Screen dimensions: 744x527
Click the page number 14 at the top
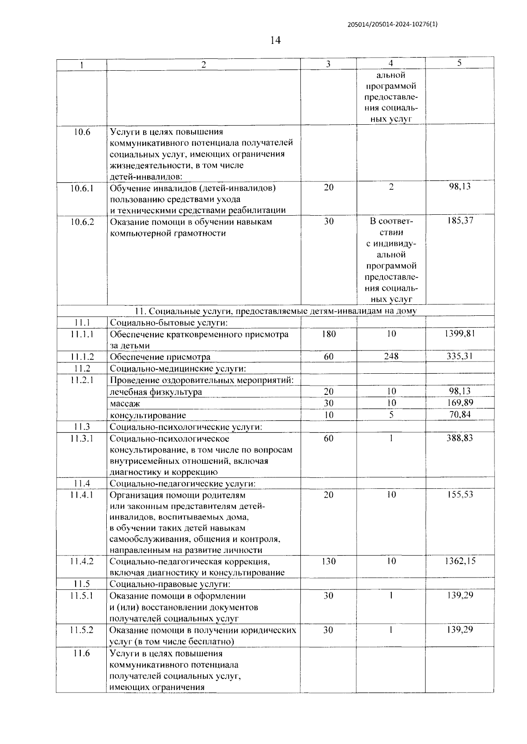[275, 40]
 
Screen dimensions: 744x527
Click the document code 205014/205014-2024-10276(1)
[392, 25]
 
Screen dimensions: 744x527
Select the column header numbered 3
[328, 64]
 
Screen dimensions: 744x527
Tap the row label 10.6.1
[82, 188]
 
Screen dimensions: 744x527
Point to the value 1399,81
[459, 334]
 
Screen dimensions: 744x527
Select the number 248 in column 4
[391, 356]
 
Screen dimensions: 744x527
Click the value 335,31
[459, 356]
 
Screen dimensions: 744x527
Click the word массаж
[125, 403]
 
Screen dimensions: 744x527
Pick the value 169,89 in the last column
[459, 403]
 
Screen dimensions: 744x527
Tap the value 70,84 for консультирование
[459, 415]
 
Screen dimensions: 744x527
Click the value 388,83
[459, 438]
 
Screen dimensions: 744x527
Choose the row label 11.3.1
[82, 438]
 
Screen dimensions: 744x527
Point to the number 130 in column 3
[328, 561]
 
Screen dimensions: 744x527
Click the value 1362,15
[459, 561]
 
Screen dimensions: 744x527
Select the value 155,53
[459, 495]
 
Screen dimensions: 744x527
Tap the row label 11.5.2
[82, 630]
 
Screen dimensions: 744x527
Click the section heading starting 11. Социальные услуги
[276, 311]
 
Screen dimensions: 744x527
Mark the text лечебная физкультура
[156, 392]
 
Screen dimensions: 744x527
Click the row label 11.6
[82, 654]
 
